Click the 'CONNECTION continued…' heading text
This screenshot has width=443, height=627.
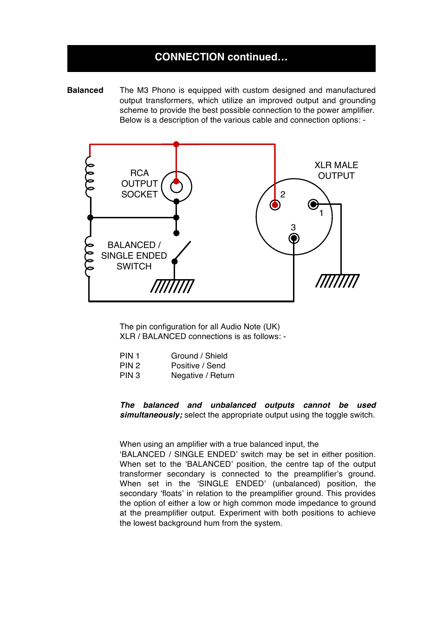[x=221, y=57]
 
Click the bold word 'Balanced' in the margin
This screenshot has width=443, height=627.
[x=85, y=90]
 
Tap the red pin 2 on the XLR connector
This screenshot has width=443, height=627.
[x=275, y=205]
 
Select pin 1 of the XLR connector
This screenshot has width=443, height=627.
[x=313, y=204]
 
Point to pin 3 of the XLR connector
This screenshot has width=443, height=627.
[x=294, y=239]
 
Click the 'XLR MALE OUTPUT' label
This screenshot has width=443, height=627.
[x=336, y=170]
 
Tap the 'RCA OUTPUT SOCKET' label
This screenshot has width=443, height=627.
[x=139, y=184]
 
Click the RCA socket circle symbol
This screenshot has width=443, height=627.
[x=176, y=187]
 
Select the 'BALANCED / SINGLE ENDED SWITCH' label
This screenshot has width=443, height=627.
[x=134, y=255]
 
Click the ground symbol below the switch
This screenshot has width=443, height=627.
[x=172, y=286]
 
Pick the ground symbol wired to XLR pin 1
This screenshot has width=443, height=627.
[x=338, y=281]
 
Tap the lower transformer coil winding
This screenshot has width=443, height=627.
[x=89, y=257]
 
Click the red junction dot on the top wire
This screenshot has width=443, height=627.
[x=176, y=144]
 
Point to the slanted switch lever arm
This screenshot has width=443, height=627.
[x=182, y=251]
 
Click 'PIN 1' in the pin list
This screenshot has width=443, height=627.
[x=130, y=356]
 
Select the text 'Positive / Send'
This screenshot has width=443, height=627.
[x=198, y=366]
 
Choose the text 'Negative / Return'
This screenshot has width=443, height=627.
[x=202, y=375]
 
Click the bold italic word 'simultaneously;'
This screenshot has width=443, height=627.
[x=151, y=415]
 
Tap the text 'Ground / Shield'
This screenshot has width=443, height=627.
[x=199, y=356]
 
